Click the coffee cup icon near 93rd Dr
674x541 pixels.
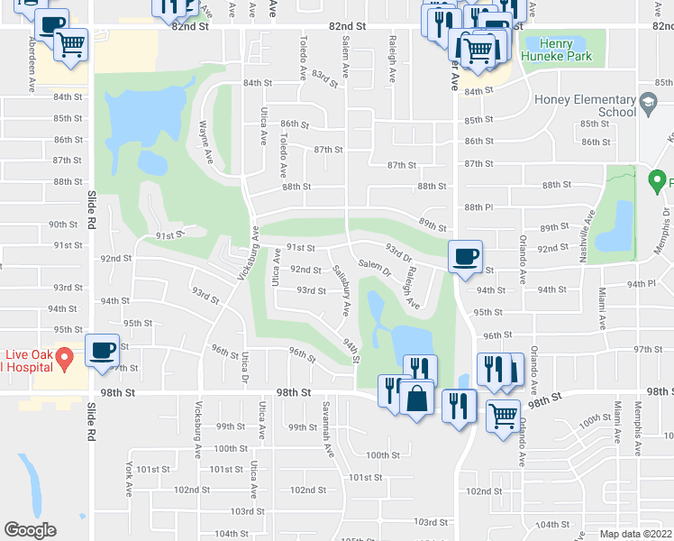(465, 257)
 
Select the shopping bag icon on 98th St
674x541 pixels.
(418, 398)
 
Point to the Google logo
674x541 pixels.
(30, 530)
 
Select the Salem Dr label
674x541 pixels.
(373, 266)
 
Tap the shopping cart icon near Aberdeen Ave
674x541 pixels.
(70, 44)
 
